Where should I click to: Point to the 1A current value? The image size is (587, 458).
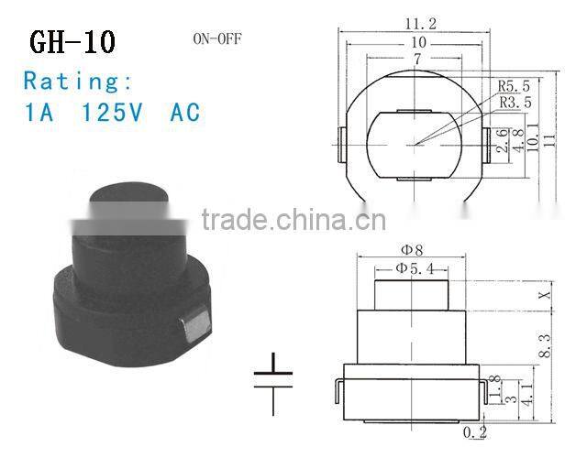tap(39, 113)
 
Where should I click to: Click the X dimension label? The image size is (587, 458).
tap(545, 295)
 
